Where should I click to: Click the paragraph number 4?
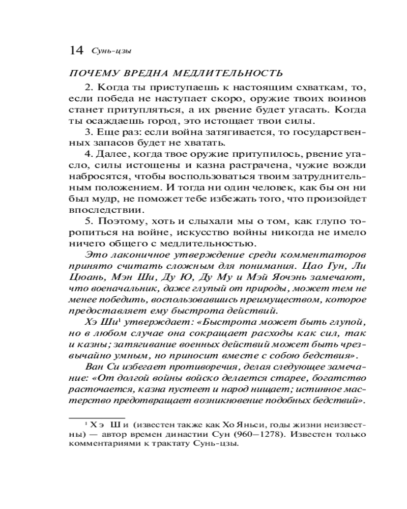[x=87, y=154]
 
